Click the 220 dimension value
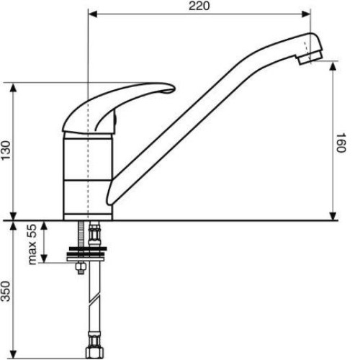(x=199, y=6)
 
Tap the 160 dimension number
(x=341, y=143)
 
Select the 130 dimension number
(x=6, y=150)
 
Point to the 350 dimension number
(x=6, y=291)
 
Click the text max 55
(x=32, y=244)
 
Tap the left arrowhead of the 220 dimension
(x=93, y=14)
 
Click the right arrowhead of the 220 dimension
(x=306, y=14)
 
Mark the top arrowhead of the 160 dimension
(x=333, y=66)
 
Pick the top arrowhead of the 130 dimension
(x=14, y=87)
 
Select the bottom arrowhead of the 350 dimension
(x=14, y=354)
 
